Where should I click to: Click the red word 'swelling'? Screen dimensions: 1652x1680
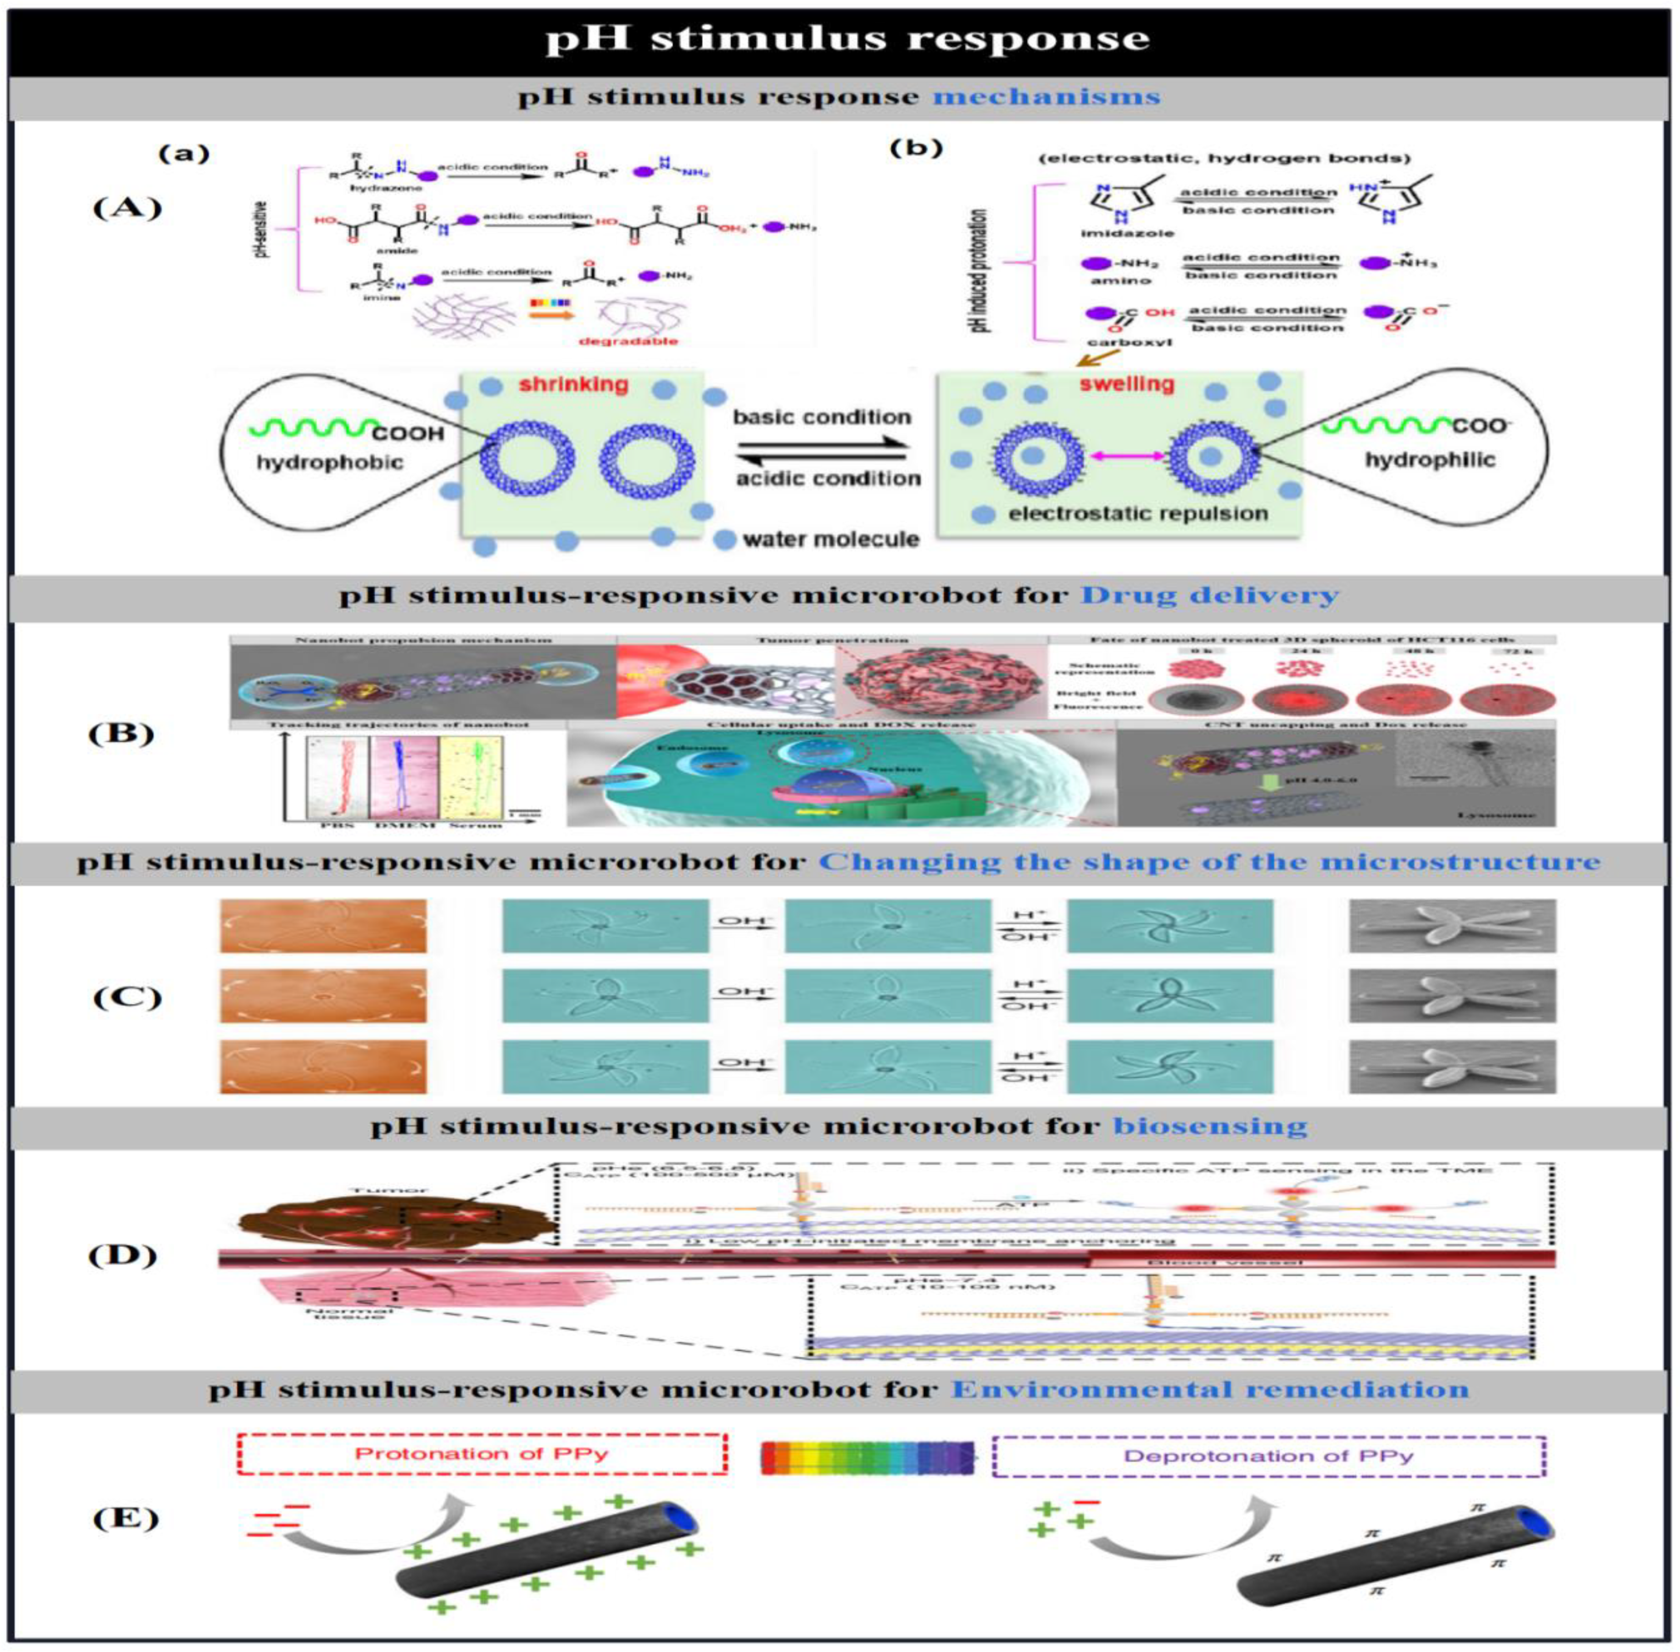coord(1126,384)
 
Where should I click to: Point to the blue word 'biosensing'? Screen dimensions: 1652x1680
coord(1210,1126)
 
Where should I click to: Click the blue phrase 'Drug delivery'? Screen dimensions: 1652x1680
coord(1210,595)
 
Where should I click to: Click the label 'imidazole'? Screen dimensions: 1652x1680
coord(1115,233)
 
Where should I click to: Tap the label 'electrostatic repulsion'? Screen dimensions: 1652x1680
coord(1137,514)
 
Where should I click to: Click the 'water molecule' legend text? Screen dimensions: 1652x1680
coord(830,540)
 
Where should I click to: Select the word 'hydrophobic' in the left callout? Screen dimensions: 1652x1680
coord(330,462)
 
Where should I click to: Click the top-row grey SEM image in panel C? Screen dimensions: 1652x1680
coord(1452,926)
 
